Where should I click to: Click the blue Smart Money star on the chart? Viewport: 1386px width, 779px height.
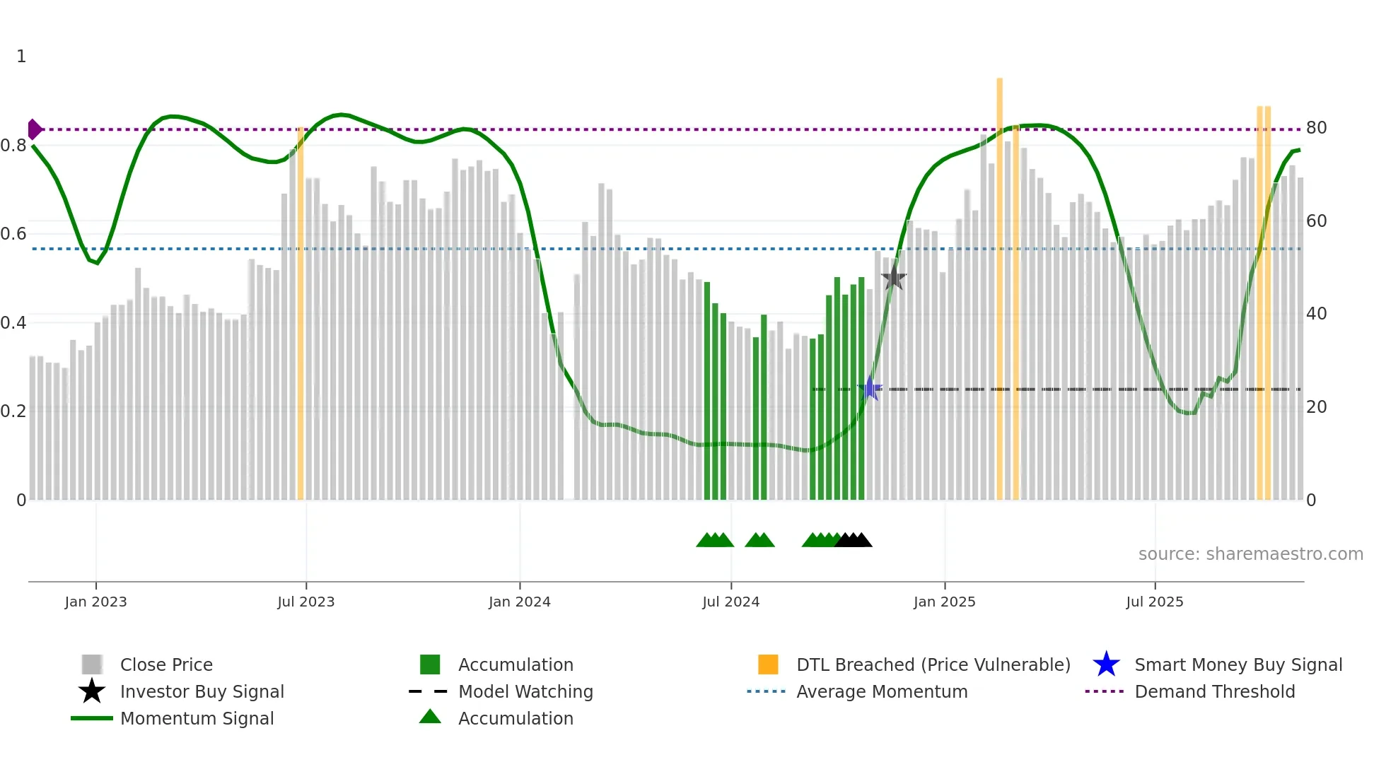[x=870, y=389]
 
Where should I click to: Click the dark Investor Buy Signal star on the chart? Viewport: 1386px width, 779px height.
[x=894, y=278]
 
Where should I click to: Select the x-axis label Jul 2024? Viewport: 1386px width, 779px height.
[x=730, y=602]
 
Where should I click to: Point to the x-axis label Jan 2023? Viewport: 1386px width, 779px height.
[x=95, y=602]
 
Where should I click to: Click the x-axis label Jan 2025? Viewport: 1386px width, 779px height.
[x=944, y=602]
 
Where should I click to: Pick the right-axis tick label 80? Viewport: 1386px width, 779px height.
[x=1316, y=128]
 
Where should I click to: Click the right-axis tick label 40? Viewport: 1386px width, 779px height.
[x=1316, y=314]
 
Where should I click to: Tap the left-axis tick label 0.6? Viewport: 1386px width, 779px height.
[x=13, y=234]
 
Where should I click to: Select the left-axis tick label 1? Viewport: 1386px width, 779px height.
[x=21, y=57]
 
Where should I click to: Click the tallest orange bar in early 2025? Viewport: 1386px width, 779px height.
[x=999, y=283]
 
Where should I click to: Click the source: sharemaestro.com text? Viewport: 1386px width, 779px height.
[x=1250, y=554]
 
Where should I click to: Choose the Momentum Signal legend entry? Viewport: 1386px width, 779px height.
[x=197, y=718]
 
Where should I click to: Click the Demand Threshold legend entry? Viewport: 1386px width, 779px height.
[x=1214, y=691]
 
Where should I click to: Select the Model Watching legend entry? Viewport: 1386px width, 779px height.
[x=525, y=691]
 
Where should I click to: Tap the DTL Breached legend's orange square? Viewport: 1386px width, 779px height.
[x=768, y=664]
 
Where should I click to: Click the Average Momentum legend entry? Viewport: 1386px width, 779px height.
[x=881, y=691]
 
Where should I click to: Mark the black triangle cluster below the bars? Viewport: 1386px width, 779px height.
[x=854, y=540]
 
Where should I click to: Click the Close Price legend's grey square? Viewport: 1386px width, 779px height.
[x=92, y=664]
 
